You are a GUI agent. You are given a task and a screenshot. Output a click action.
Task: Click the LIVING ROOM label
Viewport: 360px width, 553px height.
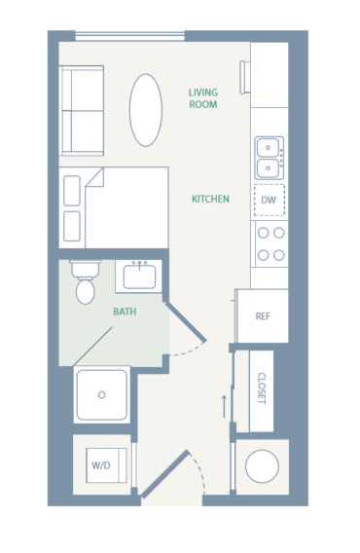202,98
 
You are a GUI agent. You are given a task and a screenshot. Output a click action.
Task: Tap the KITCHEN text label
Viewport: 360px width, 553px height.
210,200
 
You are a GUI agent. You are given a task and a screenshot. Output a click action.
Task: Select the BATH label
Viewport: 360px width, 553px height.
125,313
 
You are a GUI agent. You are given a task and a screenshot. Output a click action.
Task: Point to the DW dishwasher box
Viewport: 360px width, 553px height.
270,201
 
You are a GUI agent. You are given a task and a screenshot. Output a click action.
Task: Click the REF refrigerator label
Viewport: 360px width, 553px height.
263,316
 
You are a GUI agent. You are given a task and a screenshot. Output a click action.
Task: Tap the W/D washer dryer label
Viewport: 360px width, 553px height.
101,465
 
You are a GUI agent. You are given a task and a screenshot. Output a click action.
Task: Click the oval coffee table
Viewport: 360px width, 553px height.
146,110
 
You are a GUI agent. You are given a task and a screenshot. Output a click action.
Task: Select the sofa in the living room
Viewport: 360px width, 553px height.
82,110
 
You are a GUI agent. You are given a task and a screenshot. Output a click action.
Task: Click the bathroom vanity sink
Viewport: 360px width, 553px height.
142,276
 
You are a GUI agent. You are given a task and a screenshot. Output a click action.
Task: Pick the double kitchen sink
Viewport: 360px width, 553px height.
270,158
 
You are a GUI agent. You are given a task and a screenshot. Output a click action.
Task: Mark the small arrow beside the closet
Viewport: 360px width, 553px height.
225,402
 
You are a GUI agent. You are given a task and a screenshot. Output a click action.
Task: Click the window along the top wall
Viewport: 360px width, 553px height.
129,38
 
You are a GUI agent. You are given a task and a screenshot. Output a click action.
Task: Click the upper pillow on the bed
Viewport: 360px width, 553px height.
72,191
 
